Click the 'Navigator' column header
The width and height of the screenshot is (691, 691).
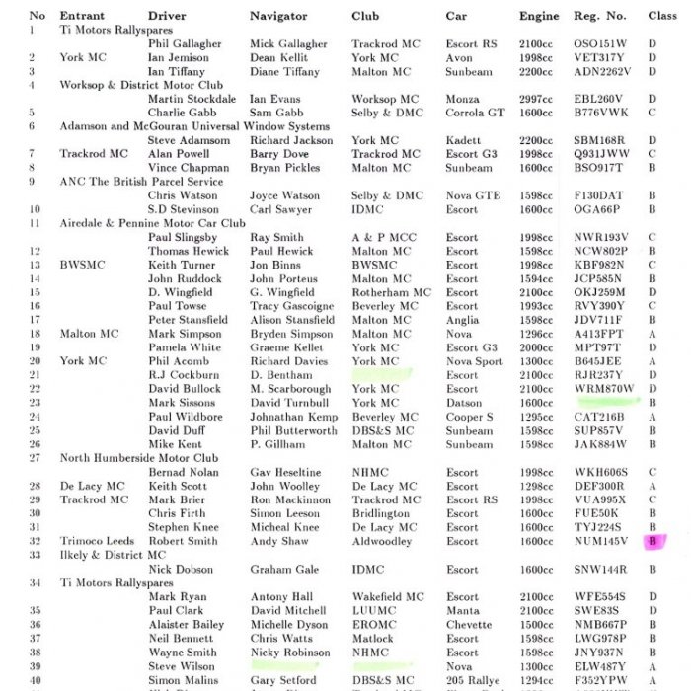pos(278,16)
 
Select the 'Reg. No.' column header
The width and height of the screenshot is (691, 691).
pos(599,16)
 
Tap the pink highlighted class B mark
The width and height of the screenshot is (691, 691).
pos(653,541)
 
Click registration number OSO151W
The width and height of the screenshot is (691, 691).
pos(600,44)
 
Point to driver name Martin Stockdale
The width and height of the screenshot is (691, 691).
pos(192,99)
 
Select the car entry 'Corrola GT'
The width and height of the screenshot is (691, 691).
pos(475,113)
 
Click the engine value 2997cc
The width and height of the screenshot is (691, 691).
pos(536,99)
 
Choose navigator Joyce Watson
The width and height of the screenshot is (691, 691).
pos(285,195)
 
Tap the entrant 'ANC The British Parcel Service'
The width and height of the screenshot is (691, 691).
pos(142,182)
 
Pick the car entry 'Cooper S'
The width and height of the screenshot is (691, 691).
pos(470,417)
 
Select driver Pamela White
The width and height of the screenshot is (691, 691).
pos(185,347)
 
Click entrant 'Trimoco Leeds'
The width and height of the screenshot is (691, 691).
pos(96,541)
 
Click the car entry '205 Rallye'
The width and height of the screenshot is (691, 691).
pos(473,680)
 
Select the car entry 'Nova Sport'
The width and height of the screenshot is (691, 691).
pos(475,361)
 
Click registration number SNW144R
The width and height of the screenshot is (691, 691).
pos(600,570)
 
